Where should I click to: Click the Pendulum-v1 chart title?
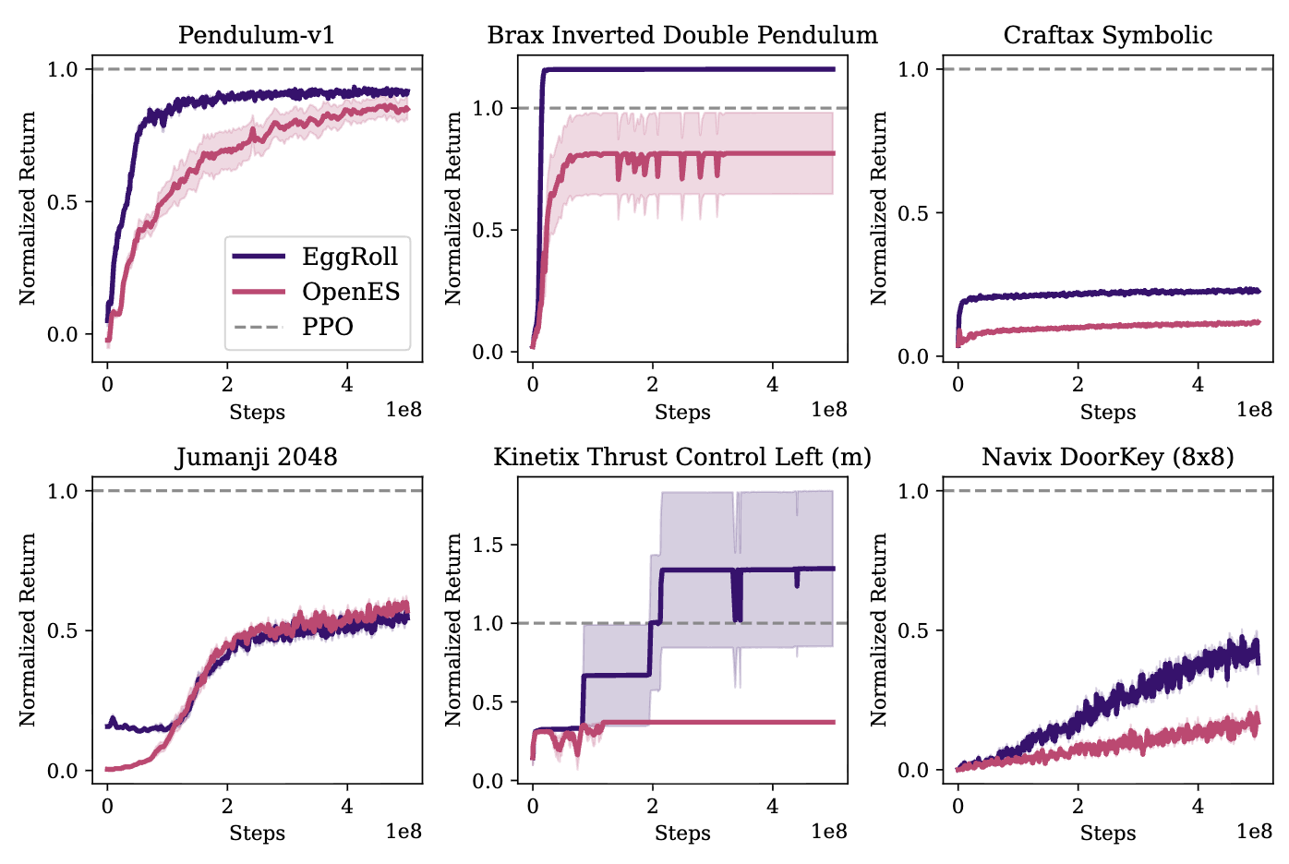click(x=257, y=35)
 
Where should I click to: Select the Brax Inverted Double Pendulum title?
click(x=682, y=35)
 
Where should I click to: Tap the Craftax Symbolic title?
click(x=1108, y=35)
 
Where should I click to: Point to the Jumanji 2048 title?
click(x=257, y=457)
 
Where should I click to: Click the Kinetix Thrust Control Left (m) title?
click(x=682, y=457)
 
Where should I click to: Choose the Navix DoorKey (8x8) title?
click(x=1108, y=457)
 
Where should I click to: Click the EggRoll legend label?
click(x=350, y=257)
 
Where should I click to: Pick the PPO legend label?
click(x=328, y=327)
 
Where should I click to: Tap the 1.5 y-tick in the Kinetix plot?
click(x=488, y=545)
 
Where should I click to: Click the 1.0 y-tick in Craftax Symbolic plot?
click(x=914, y=69)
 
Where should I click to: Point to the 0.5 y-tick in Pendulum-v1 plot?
click(x=63, y=202)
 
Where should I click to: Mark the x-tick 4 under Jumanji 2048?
click(x=347, y=806)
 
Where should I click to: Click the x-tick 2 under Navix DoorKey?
click(x=1078, y=806)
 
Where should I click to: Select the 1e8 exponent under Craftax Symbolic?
click(x=1254, y=409)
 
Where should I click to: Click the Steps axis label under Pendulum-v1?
click(x=257, y=412)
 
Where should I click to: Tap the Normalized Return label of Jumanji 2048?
click(x=28, y=630)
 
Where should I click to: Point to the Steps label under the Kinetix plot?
click(x=682, y=834)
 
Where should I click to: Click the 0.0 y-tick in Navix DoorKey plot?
click(x=914, y=771)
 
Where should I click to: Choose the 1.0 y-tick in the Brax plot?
click(x=488, y=108)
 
